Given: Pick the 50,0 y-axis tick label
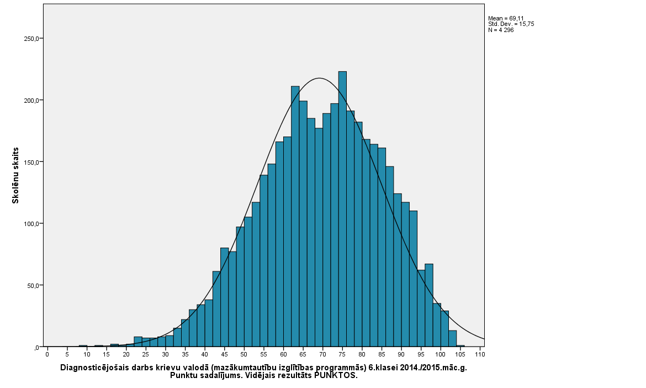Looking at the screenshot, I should coord(31,286).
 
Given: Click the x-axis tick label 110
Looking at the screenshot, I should coord(479,354).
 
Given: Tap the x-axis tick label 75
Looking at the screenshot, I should coord(342,354).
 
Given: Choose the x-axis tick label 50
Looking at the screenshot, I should coord(244,354).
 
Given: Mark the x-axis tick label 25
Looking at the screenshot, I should coord(146,354).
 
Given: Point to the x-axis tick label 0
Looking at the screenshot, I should coord(47,354).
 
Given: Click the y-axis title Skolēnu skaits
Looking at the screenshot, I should coord(16,175).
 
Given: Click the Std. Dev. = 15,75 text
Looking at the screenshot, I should coord(511,24).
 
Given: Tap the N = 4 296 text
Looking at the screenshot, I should coord(501,30).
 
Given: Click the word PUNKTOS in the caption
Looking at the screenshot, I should coord(336,375).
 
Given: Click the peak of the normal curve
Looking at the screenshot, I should coord(319,78).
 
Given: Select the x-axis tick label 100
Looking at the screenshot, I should coord(441,354).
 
